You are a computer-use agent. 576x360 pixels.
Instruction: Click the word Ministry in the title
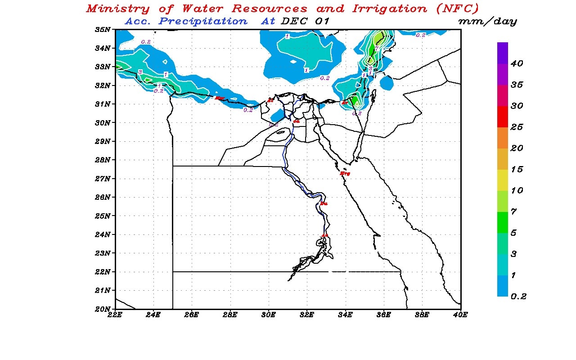[x=117, y=9]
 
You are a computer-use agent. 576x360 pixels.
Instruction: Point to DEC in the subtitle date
[x=294, y=21]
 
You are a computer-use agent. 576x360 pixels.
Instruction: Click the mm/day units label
[x=487, y=22]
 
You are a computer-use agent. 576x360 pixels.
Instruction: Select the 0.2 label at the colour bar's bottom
[x=518, y=296]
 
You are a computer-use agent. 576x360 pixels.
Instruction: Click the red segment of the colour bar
[x=503, y=117]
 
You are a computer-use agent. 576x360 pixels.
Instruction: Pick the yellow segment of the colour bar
[x=503, y=180]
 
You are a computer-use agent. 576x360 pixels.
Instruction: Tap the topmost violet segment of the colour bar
[x=503, y=53]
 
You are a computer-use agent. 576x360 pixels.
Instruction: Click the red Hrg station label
[x=345, y=173]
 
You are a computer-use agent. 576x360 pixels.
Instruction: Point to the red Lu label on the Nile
[x=324, y=204]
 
